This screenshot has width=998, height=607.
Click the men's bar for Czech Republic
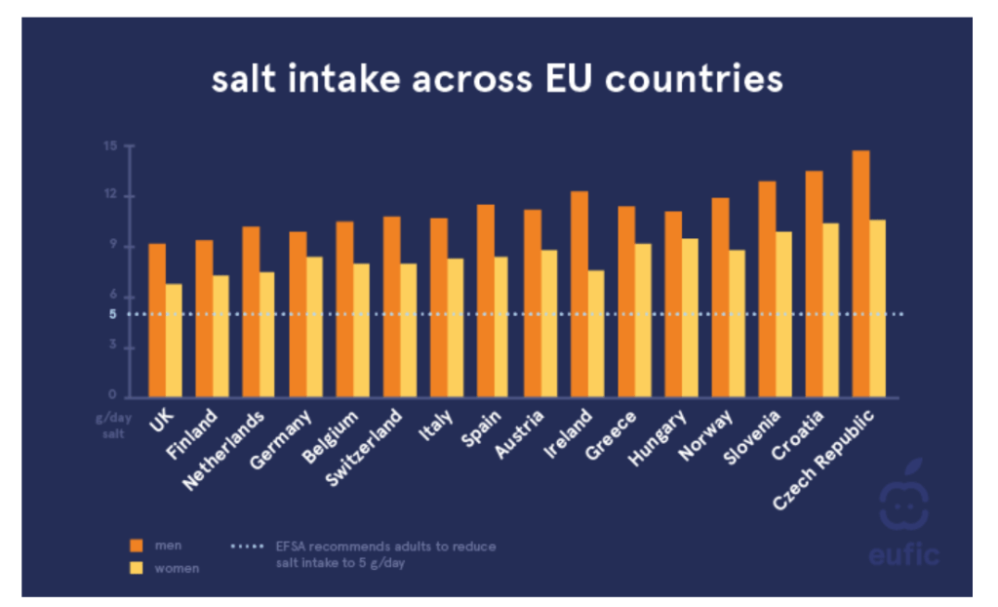click(860, 273)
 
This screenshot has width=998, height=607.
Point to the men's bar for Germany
click(298, 313)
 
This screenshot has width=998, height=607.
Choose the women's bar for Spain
click(500, 326)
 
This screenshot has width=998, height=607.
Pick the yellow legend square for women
click(138, 567)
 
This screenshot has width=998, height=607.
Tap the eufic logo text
click(903, 554)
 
